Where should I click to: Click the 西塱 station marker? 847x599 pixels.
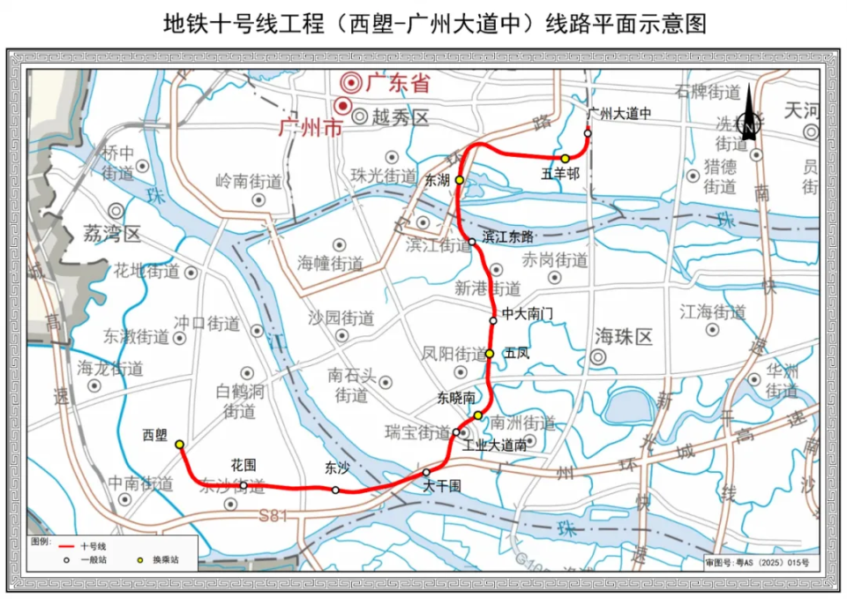tap(179, 445)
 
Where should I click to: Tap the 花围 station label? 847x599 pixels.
tap(244, 464)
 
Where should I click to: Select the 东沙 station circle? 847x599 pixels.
tap(335, 490)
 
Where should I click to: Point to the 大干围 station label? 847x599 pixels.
tap(441, 486)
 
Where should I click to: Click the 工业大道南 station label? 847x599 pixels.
tap(495, 446)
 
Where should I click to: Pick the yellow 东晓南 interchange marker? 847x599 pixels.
tap(477, 416)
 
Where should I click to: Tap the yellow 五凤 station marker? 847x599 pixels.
tap(490, 354)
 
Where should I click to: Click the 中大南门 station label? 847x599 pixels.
tap(528, 313)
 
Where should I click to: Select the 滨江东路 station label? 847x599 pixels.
tap(508, 236)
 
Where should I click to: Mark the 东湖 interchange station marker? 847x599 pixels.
tap(459, 180)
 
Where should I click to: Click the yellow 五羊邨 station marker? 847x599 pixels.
tap(565, 159)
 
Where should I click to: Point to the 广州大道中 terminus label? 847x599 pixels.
tap(618, 114)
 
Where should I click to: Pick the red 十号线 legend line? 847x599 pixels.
tap(64, 548)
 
